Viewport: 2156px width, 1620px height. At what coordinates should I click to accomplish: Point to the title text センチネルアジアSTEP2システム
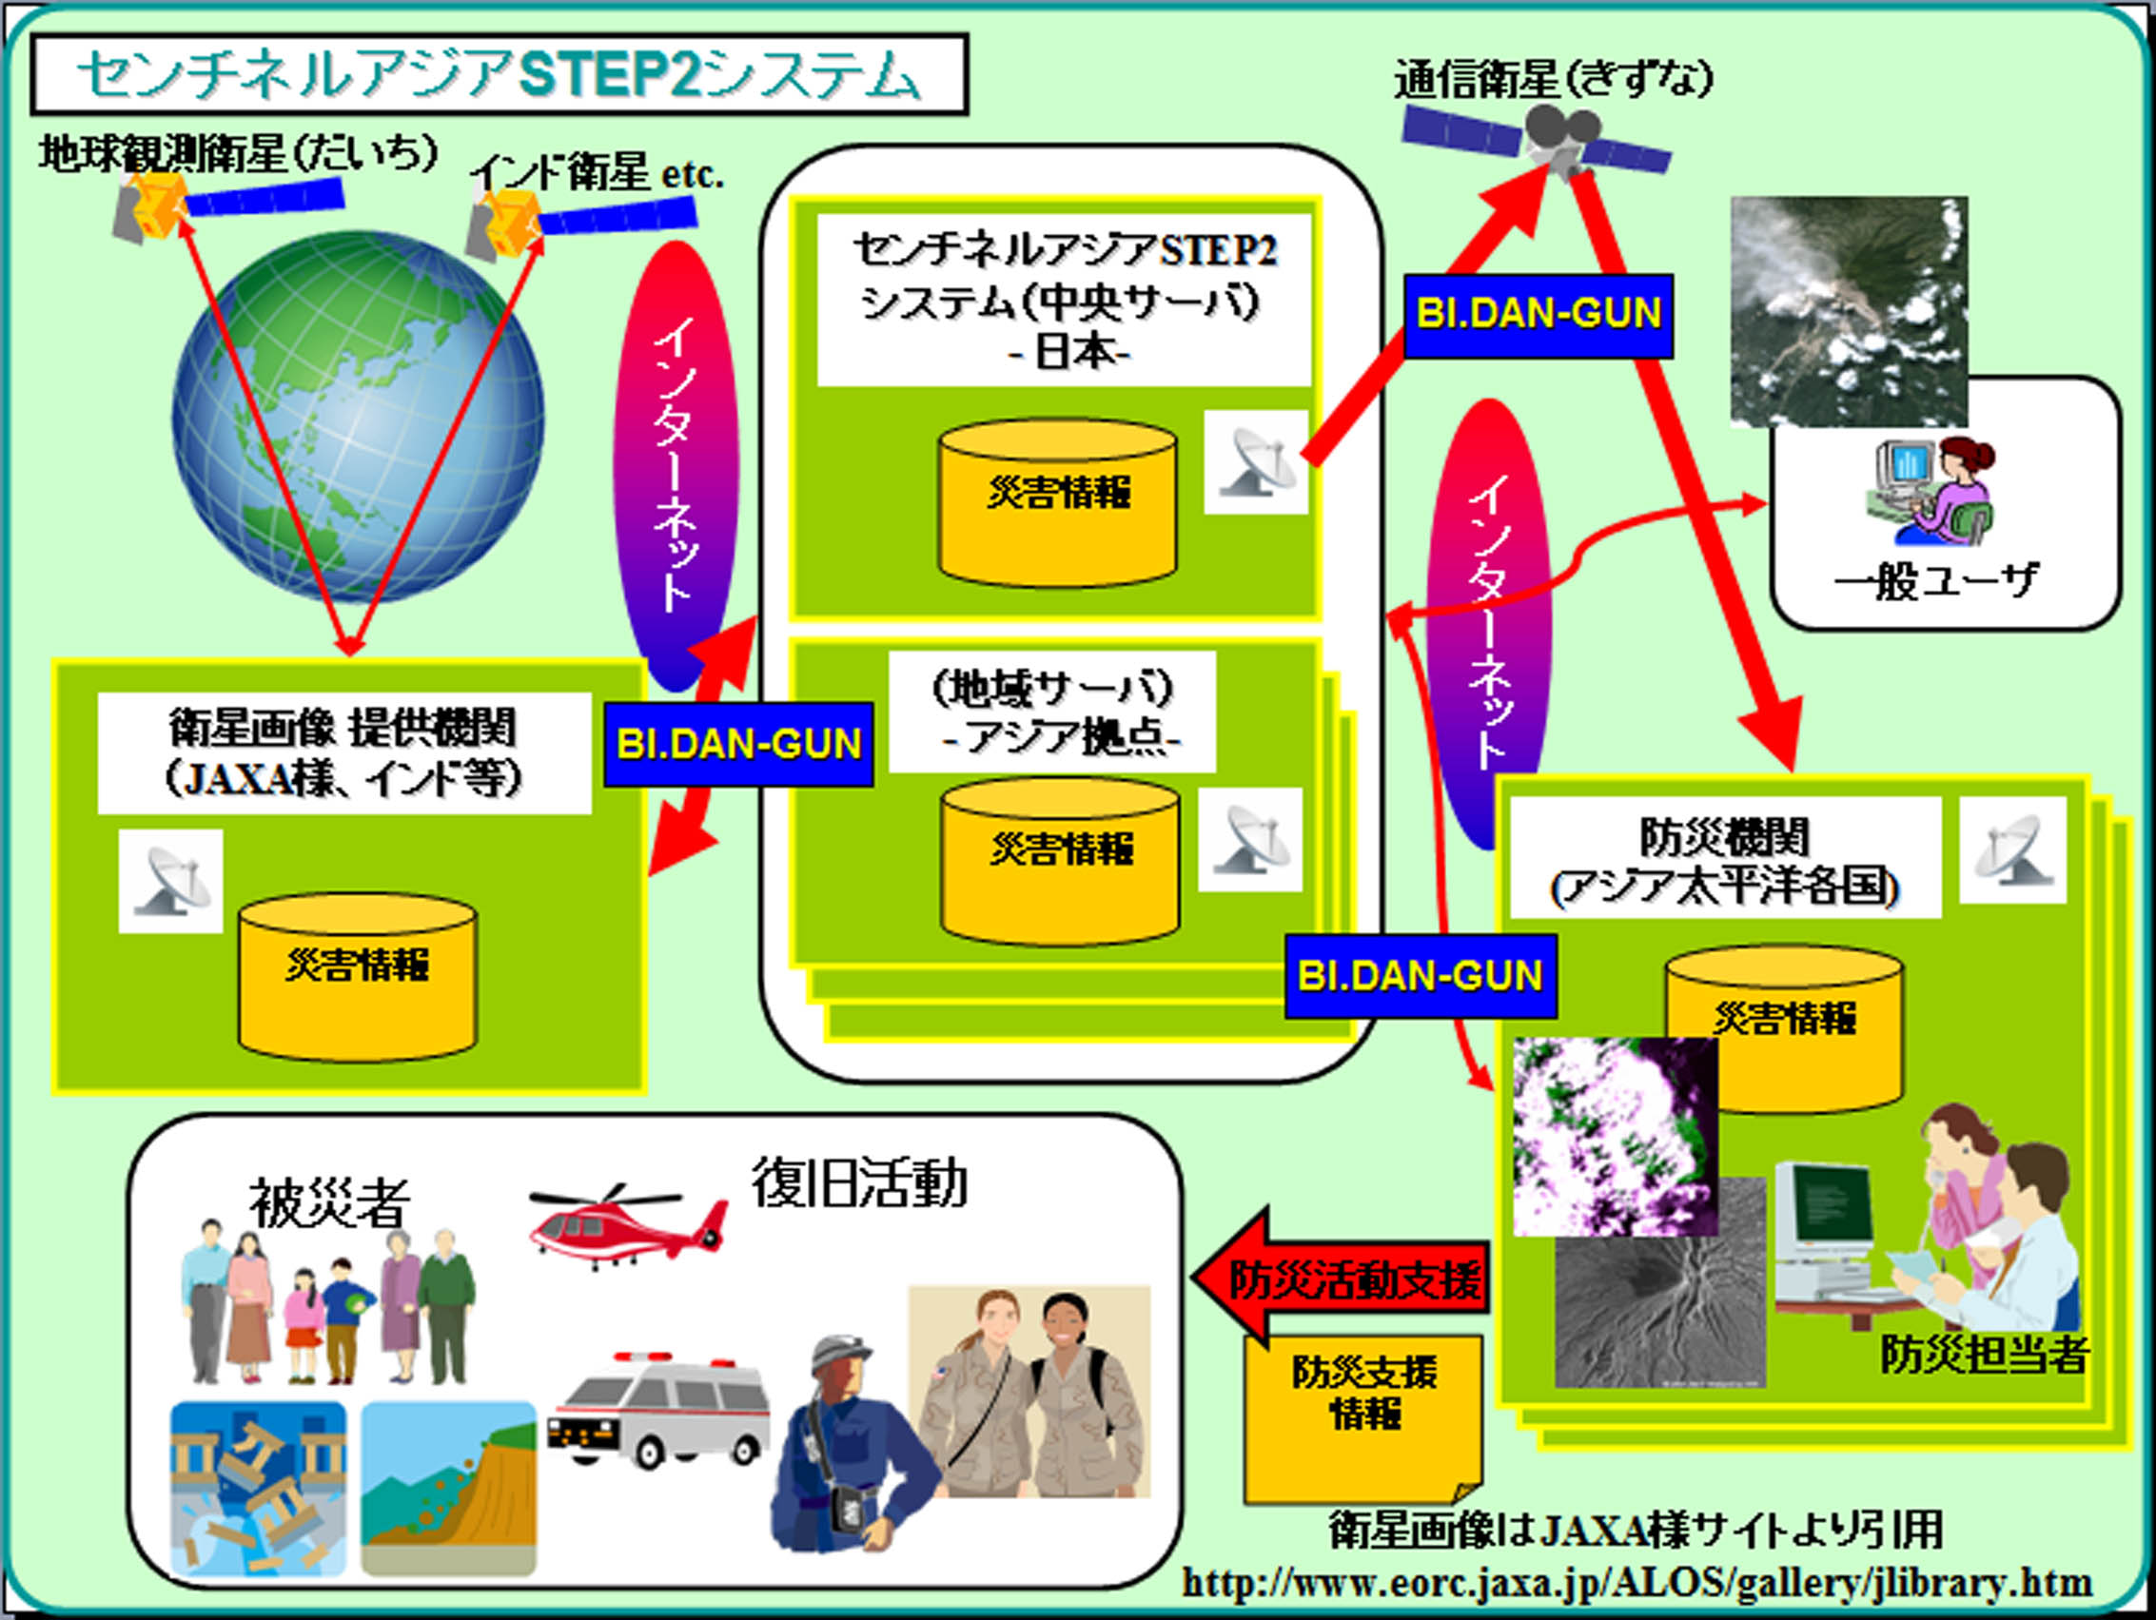coord(498,75)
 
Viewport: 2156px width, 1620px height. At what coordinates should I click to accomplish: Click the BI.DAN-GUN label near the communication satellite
coord(1539,315)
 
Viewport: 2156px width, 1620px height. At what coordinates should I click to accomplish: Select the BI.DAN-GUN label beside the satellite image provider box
coord(737,745)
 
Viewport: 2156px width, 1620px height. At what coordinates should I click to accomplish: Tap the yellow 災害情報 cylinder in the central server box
coord(1057,502)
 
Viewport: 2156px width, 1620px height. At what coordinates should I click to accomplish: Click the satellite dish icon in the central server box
coord(1254,462)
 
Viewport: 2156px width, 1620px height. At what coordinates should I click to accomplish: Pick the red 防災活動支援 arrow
coord(1341,1278)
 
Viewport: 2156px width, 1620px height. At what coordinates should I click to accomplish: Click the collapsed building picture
coord(257,1488)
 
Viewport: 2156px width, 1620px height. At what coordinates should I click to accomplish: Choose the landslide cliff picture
coord(448,1488)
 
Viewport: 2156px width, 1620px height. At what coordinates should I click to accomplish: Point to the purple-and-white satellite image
coord(1613,1137)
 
